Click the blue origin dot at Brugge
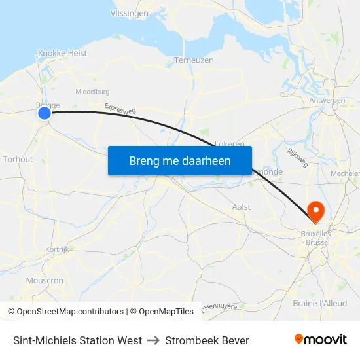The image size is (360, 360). pyautogui.click(x=45, y=113)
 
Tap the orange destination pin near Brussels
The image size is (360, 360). pyautogui.click(x=315, y=211)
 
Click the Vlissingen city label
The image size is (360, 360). pyautogui.click(x=130, y=13)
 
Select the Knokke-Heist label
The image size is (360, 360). pyautogui.click(x=62, y=54)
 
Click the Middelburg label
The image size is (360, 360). pyautogui.click(x=92, y=92)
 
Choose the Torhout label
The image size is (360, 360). pyautogui.click(x=18, y=159)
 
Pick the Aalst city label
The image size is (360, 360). pyautogui.click(x=242, y=207)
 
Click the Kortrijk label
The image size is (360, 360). pyautogui.click(x=58, y=249)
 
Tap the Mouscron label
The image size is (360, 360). pyautogui.click(x=45, y=280)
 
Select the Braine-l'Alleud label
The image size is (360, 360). pyautogui.click(x=320, y=303)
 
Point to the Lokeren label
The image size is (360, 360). pyautogui.click(x=230, y=143)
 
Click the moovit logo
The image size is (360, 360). pyautogui.click(x=320, y=339)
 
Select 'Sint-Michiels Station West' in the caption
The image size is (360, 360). pyautogui.click(x=77, y=340)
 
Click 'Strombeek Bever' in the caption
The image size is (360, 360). pyautogui.click(x=207, y=340)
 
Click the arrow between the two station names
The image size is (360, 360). pyautogui.click(x=153, y=340)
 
